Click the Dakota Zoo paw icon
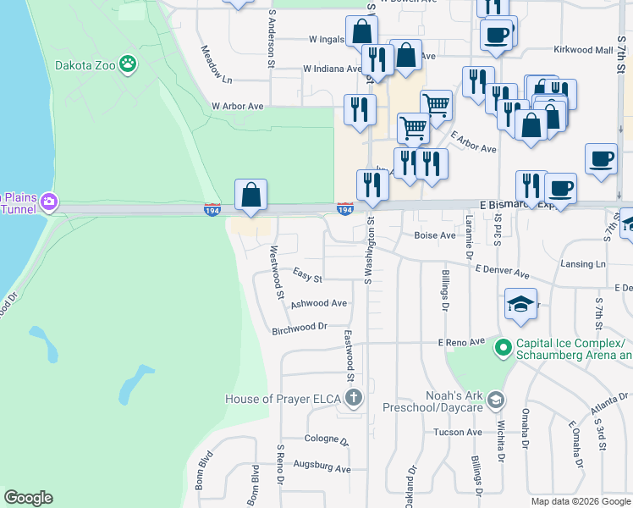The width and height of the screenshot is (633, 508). click(127, 62)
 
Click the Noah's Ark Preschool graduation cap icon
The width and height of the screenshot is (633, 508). click(497, 398)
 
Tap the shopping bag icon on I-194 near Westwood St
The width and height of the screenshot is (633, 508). click(251, 195)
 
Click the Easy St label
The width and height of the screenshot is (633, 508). click(307, 277)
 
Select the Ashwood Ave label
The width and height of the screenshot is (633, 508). click(319, 303)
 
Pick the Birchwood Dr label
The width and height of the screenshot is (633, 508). click(299, 327)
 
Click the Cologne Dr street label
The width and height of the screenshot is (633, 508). click(326, 440)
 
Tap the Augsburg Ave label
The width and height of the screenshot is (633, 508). click(322, 467)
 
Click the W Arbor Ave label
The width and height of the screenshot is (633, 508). click(238, 107)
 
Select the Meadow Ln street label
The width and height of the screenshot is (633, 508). click(216, 64)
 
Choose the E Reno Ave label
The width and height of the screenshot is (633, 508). click(461, 341)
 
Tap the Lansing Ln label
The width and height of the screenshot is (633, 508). click(588, 264)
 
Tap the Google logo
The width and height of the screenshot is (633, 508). click(28, 498)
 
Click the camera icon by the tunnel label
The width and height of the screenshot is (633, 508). click(49, 201)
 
